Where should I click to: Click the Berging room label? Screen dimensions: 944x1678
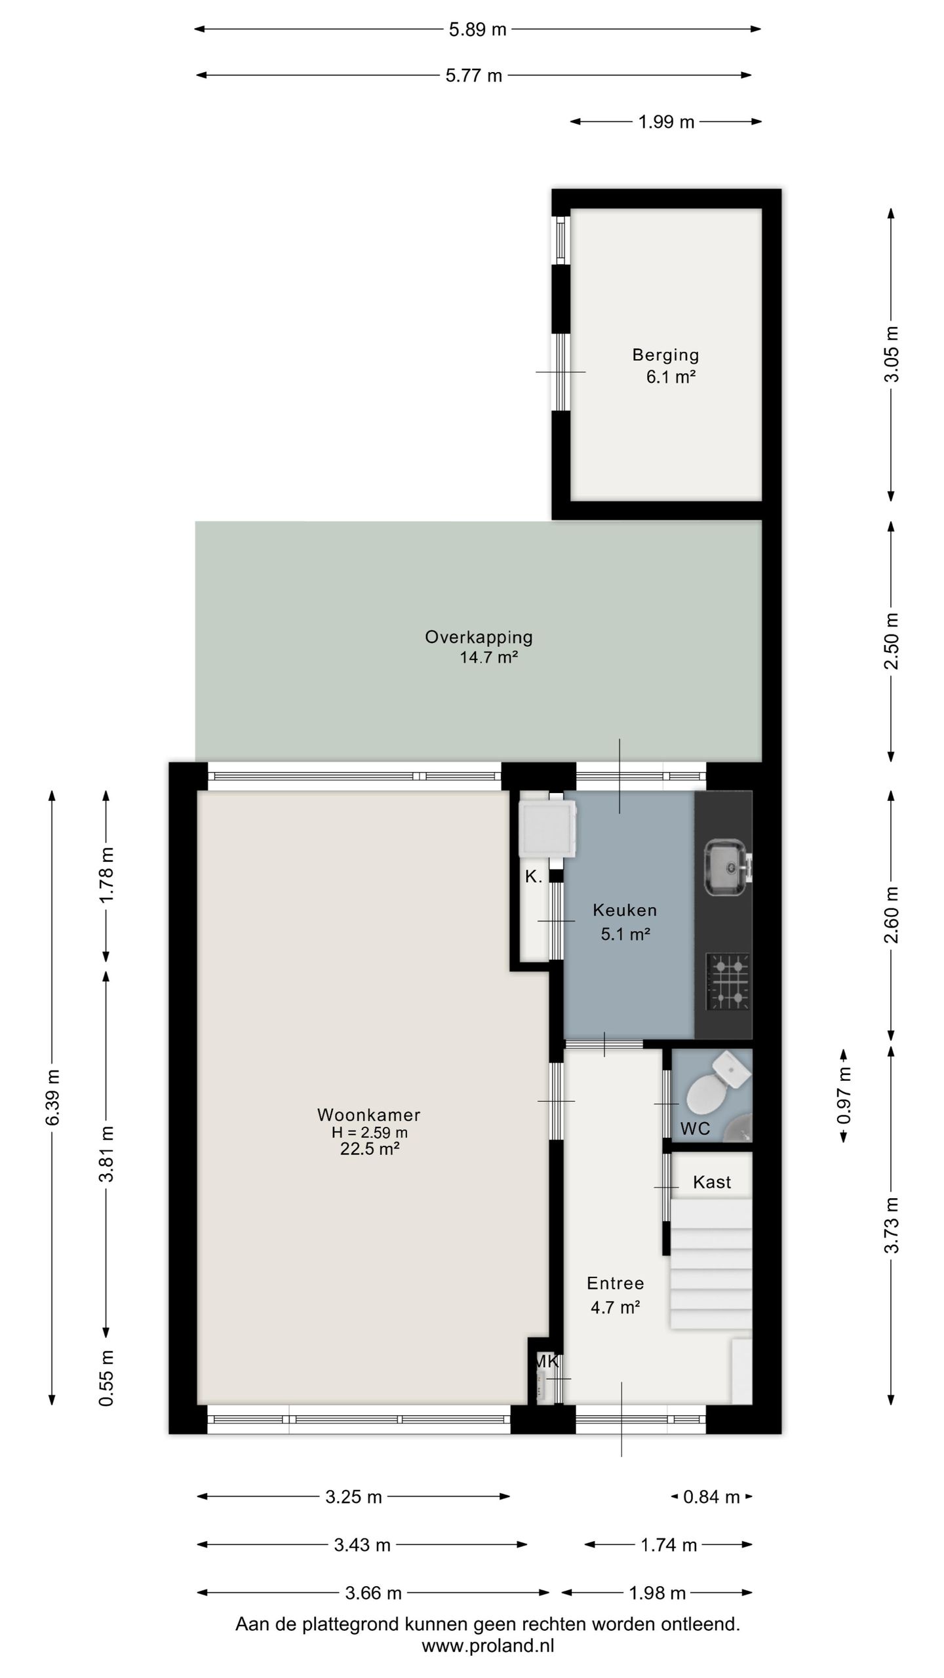665,355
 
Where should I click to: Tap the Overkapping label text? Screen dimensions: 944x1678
479,636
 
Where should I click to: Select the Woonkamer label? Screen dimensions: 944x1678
368,1114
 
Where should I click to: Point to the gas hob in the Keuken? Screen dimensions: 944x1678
728,981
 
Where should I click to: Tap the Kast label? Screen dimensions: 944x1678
712,1182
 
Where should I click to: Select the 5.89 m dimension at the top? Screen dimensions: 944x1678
477,29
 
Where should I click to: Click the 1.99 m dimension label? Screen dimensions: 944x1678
666,122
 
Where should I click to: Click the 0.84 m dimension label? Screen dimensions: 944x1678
711,1496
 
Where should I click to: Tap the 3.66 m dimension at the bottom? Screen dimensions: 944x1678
373,1592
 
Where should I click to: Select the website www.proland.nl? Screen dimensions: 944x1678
488,1645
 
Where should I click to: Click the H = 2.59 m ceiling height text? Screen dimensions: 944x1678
370,1132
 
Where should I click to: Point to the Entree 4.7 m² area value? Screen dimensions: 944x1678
615,1307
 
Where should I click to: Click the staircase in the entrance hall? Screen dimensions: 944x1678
711,1263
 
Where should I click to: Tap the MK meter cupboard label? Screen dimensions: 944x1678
546,1361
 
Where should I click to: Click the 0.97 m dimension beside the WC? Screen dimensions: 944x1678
844,1096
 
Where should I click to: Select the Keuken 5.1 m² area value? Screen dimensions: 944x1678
625,934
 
